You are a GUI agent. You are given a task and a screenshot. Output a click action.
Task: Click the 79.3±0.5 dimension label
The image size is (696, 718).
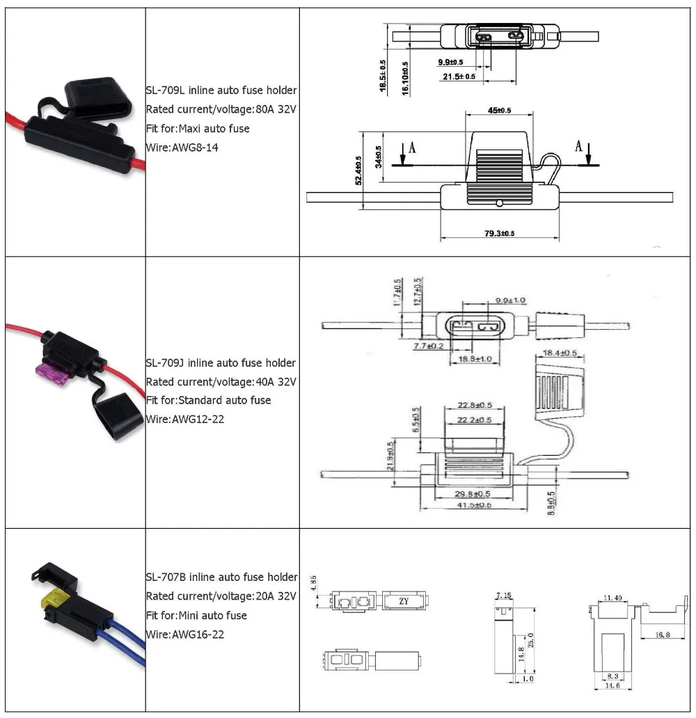click(499, 233)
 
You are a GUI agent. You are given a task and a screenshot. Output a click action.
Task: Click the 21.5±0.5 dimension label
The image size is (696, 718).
click(459, 77)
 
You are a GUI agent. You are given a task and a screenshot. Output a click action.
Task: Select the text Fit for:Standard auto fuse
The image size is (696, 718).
click(208, 400)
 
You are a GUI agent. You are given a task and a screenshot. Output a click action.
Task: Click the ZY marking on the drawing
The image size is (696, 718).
click(403, 601)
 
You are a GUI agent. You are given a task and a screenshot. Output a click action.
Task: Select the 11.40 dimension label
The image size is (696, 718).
click(613, 598)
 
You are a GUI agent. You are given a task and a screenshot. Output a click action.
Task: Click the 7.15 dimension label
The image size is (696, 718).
click(504, 596)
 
